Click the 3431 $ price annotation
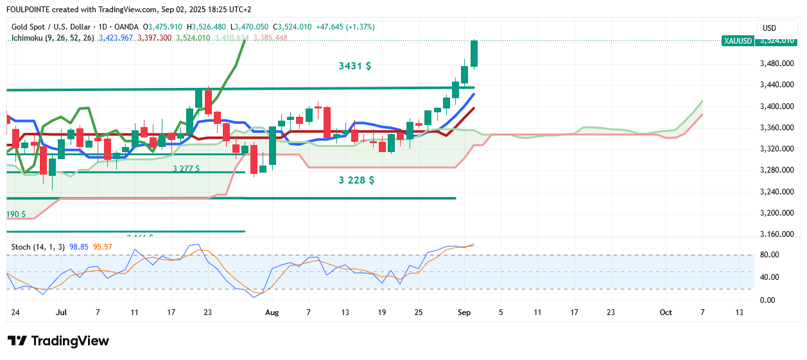click(x=354, y=65)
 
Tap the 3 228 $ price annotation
click(x=356, y=180)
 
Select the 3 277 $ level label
click(x=186, y=169)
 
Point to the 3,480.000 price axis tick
click(x=774, y=64)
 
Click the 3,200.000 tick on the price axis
click(x=774, y=213)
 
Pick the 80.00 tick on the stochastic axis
click(x=769, y=255)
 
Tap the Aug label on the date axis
click(x=272, y=313)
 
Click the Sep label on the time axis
click(x=464, y=313)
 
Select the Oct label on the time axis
click(x=666, y=313)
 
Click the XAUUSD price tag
click(x=737, y=40)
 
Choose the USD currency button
click(x=769, y=28)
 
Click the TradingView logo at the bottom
click(x=58, y=341)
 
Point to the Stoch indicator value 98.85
click(x=78, y=246)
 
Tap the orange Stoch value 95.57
click(x=103, y=246)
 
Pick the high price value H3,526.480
click(x=206, y=27)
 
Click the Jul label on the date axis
click(x=62, y=313)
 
